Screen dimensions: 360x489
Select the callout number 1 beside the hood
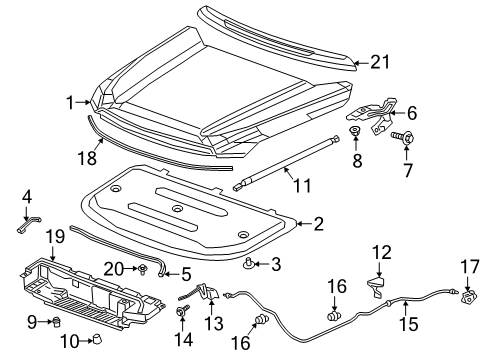click(71, 101)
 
